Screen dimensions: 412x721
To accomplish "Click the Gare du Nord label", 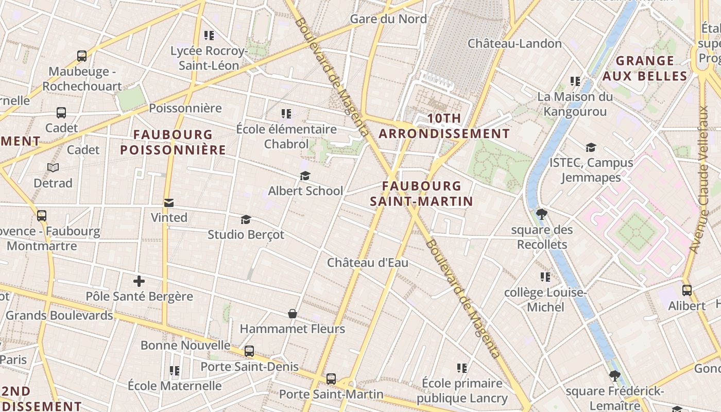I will (x=388, y=19).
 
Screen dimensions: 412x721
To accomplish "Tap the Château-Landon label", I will (x=514, y=44).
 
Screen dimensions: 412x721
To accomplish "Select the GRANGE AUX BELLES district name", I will (x=645, y=68).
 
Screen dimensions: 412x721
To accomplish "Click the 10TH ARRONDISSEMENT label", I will (x=444, y=126).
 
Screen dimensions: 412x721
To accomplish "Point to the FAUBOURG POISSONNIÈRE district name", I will (x=173, y=142).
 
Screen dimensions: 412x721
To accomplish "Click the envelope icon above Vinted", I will (x=169, y=202).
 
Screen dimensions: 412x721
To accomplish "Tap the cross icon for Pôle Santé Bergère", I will (x=139, y=281).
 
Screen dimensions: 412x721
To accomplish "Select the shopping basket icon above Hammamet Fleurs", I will (x=293, y=314).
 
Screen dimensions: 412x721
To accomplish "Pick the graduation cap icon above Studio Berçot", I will (x=246, y=220).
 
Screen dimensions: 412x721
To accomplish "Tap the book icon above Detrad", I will (x=53, y=167).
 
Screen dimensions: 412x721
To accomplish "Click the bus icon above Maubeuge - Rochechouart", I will (x=82, y=56).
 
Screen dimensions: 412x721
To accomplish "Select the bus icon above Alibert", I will (x=686, y=290).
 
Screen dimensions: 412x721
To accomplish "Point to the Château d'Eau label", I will (x=368, y=263).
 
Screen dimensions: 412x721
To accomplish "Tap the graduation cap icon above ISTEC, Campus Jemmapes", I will (x=591, y=148).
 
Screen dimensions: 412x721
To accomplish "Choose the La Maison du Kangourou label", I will (x=575, y=104).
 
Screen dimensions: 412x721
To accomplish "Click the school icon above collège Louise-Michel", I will (x=545, y=278).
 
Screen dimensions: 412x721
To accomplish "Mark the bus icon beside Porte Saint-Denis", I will (x=249, y=351).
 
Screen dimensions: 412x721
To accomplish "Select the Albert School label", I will (x=305, y=191).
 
